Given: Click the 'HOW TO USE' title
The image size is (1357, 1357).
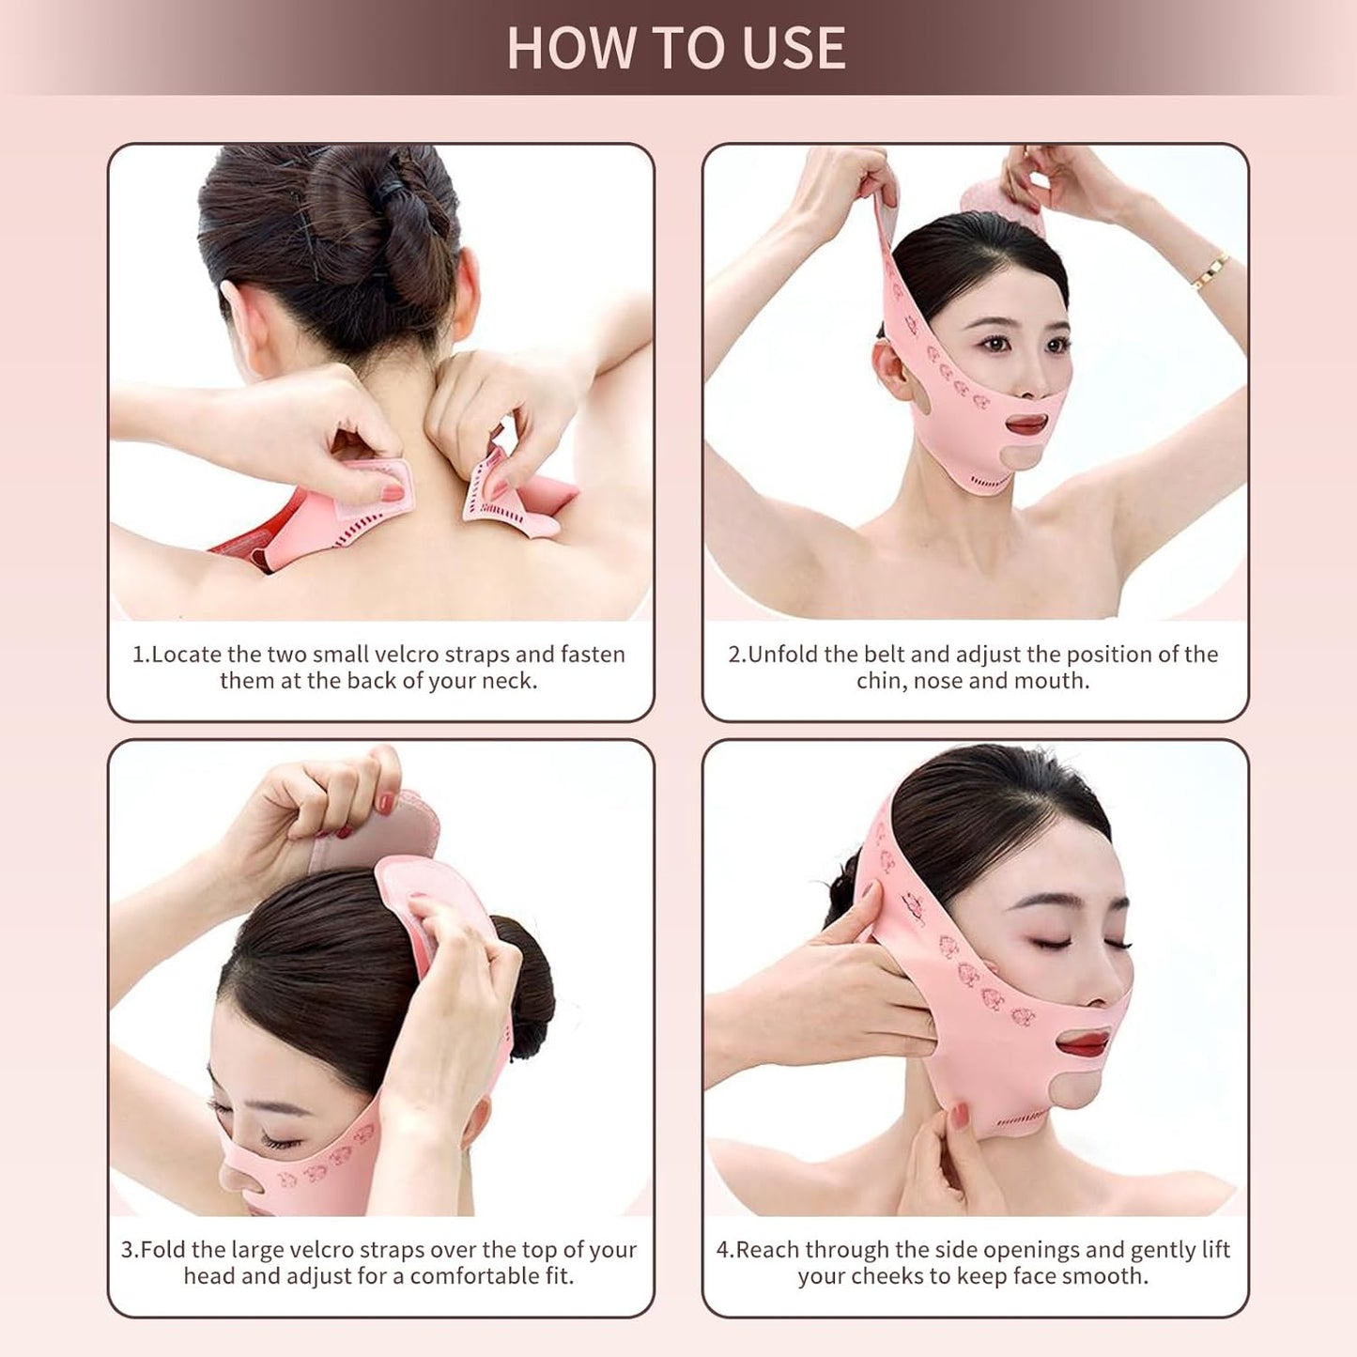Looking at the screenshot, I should tap(676, 48).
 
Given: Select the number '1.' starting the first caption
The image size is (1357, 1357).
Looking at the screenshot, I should tap(141, 655).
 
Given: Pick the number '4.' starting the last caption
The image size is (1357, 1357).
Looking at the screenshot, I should tap(724, 1250).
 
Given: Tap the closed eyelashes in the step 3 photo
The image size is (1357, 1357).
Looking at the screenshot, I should tap(277, 1139).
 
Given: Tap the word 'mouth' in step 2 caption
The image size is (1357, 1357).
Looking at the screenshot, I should tap(1055, 681).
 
